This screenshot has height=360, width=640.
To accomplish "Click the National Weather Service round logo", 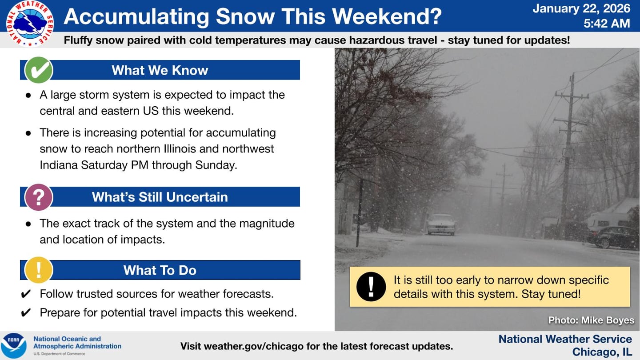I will tap(30, 24).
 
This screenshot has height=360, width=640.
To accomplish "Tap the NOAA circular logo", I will tap(14, 346).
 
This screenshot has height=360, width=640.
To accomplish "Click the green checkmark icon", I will tap(39, 70).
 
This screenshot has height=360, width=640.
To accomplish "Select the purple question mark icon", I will tap(39, 197).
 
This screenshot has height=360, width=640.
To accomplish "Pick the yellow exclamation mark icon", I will tap(39, 270).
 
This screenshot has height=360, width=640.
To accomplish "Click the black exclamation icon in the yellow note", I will tap(371, 287).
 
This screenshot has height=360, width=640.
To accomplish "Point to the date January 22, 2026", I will tap(581, 8).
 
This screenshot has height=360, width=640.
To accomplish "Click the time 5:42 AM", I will tap(607, 24).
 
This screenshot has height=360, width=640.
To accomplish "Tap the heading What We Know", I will tap(160, 70).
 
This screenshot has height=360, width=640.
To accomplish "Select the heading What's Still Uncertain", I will tap(160, 197).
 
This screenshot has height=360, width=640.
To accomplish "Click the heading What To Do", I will tap(160, 270).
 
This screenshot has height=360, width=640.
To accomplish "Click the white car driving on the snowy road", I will tap(441, 224).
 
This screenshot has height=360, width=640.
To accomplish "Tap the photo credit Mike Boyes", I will tap(591, 320).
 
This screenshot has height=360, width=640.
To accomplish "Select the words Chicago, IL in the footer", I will tap(602, 352).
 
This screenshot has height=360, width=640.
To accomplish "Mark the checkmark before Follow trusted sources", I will tap(26, 294).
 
